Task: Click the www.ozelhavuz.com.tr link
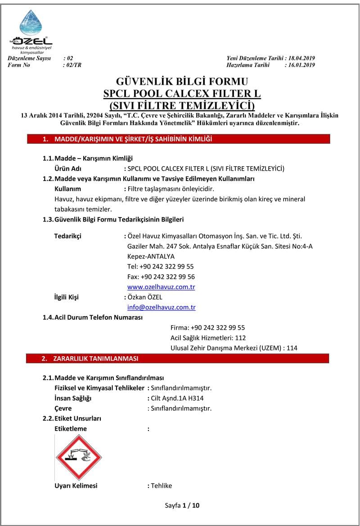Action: coord(161,287)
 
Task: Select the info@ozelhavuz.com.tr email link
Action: coord(162,308)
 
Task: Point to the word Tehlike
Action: coord(161,485)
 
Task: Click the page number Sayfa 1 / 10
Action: coord(182,505)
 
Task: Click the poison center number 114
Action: coord(292,348)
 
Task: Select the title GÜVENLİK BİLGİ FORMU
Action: coord(182,82)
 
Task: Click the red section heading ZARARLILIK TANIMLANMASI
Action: coord(96,359)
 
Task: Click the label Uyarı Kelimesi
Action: coord(76,485)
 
